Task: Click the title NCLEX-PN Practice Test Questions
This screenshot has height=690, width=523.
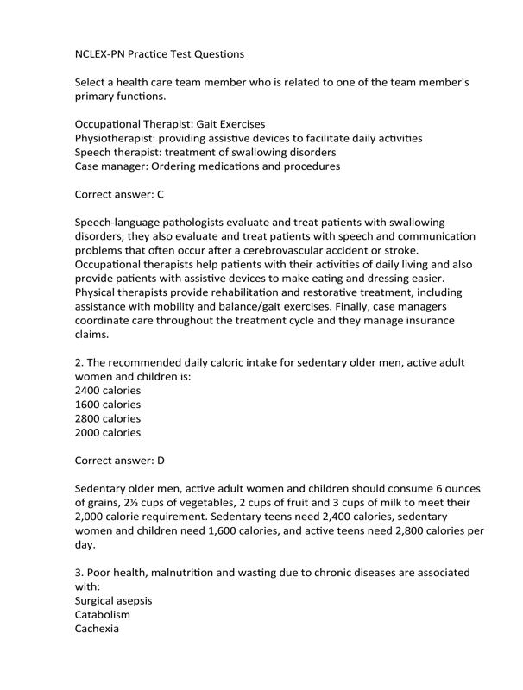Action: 160,53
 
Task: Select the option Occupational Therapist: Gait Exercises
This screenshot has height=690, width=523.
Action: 170,124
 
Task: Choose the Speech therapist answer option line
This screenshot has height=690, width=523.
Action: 205,152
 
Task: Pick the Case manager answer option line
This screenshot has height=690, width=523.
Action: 207,166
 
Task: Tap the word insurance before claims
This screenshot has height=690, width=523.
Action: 431,320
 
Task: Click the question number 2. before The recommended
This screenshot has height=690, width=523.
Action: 80,362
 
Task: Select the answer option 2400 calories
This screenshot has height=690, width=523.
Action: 108,390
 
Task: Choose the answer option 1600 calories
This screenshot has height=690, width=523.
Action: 108,404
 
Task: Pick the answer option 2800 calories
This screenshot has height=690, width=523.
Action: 108,418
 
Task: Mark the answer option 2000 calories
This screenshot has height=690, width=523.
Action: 108,432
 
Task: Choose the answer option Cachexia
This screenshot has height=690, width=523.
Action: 98,629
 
